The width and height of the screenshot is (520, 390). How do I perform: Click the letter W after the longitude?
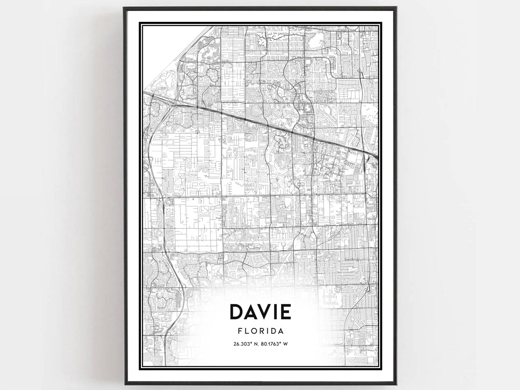coord(286,344)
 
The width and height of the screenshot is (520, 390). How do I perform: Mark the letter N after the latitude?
coord(255,344)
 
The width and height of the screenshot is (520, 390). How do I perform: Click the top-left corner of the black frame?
coord(124,7)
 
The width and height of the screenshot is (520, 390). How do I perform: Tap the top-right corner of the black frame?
coord(395,7)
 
